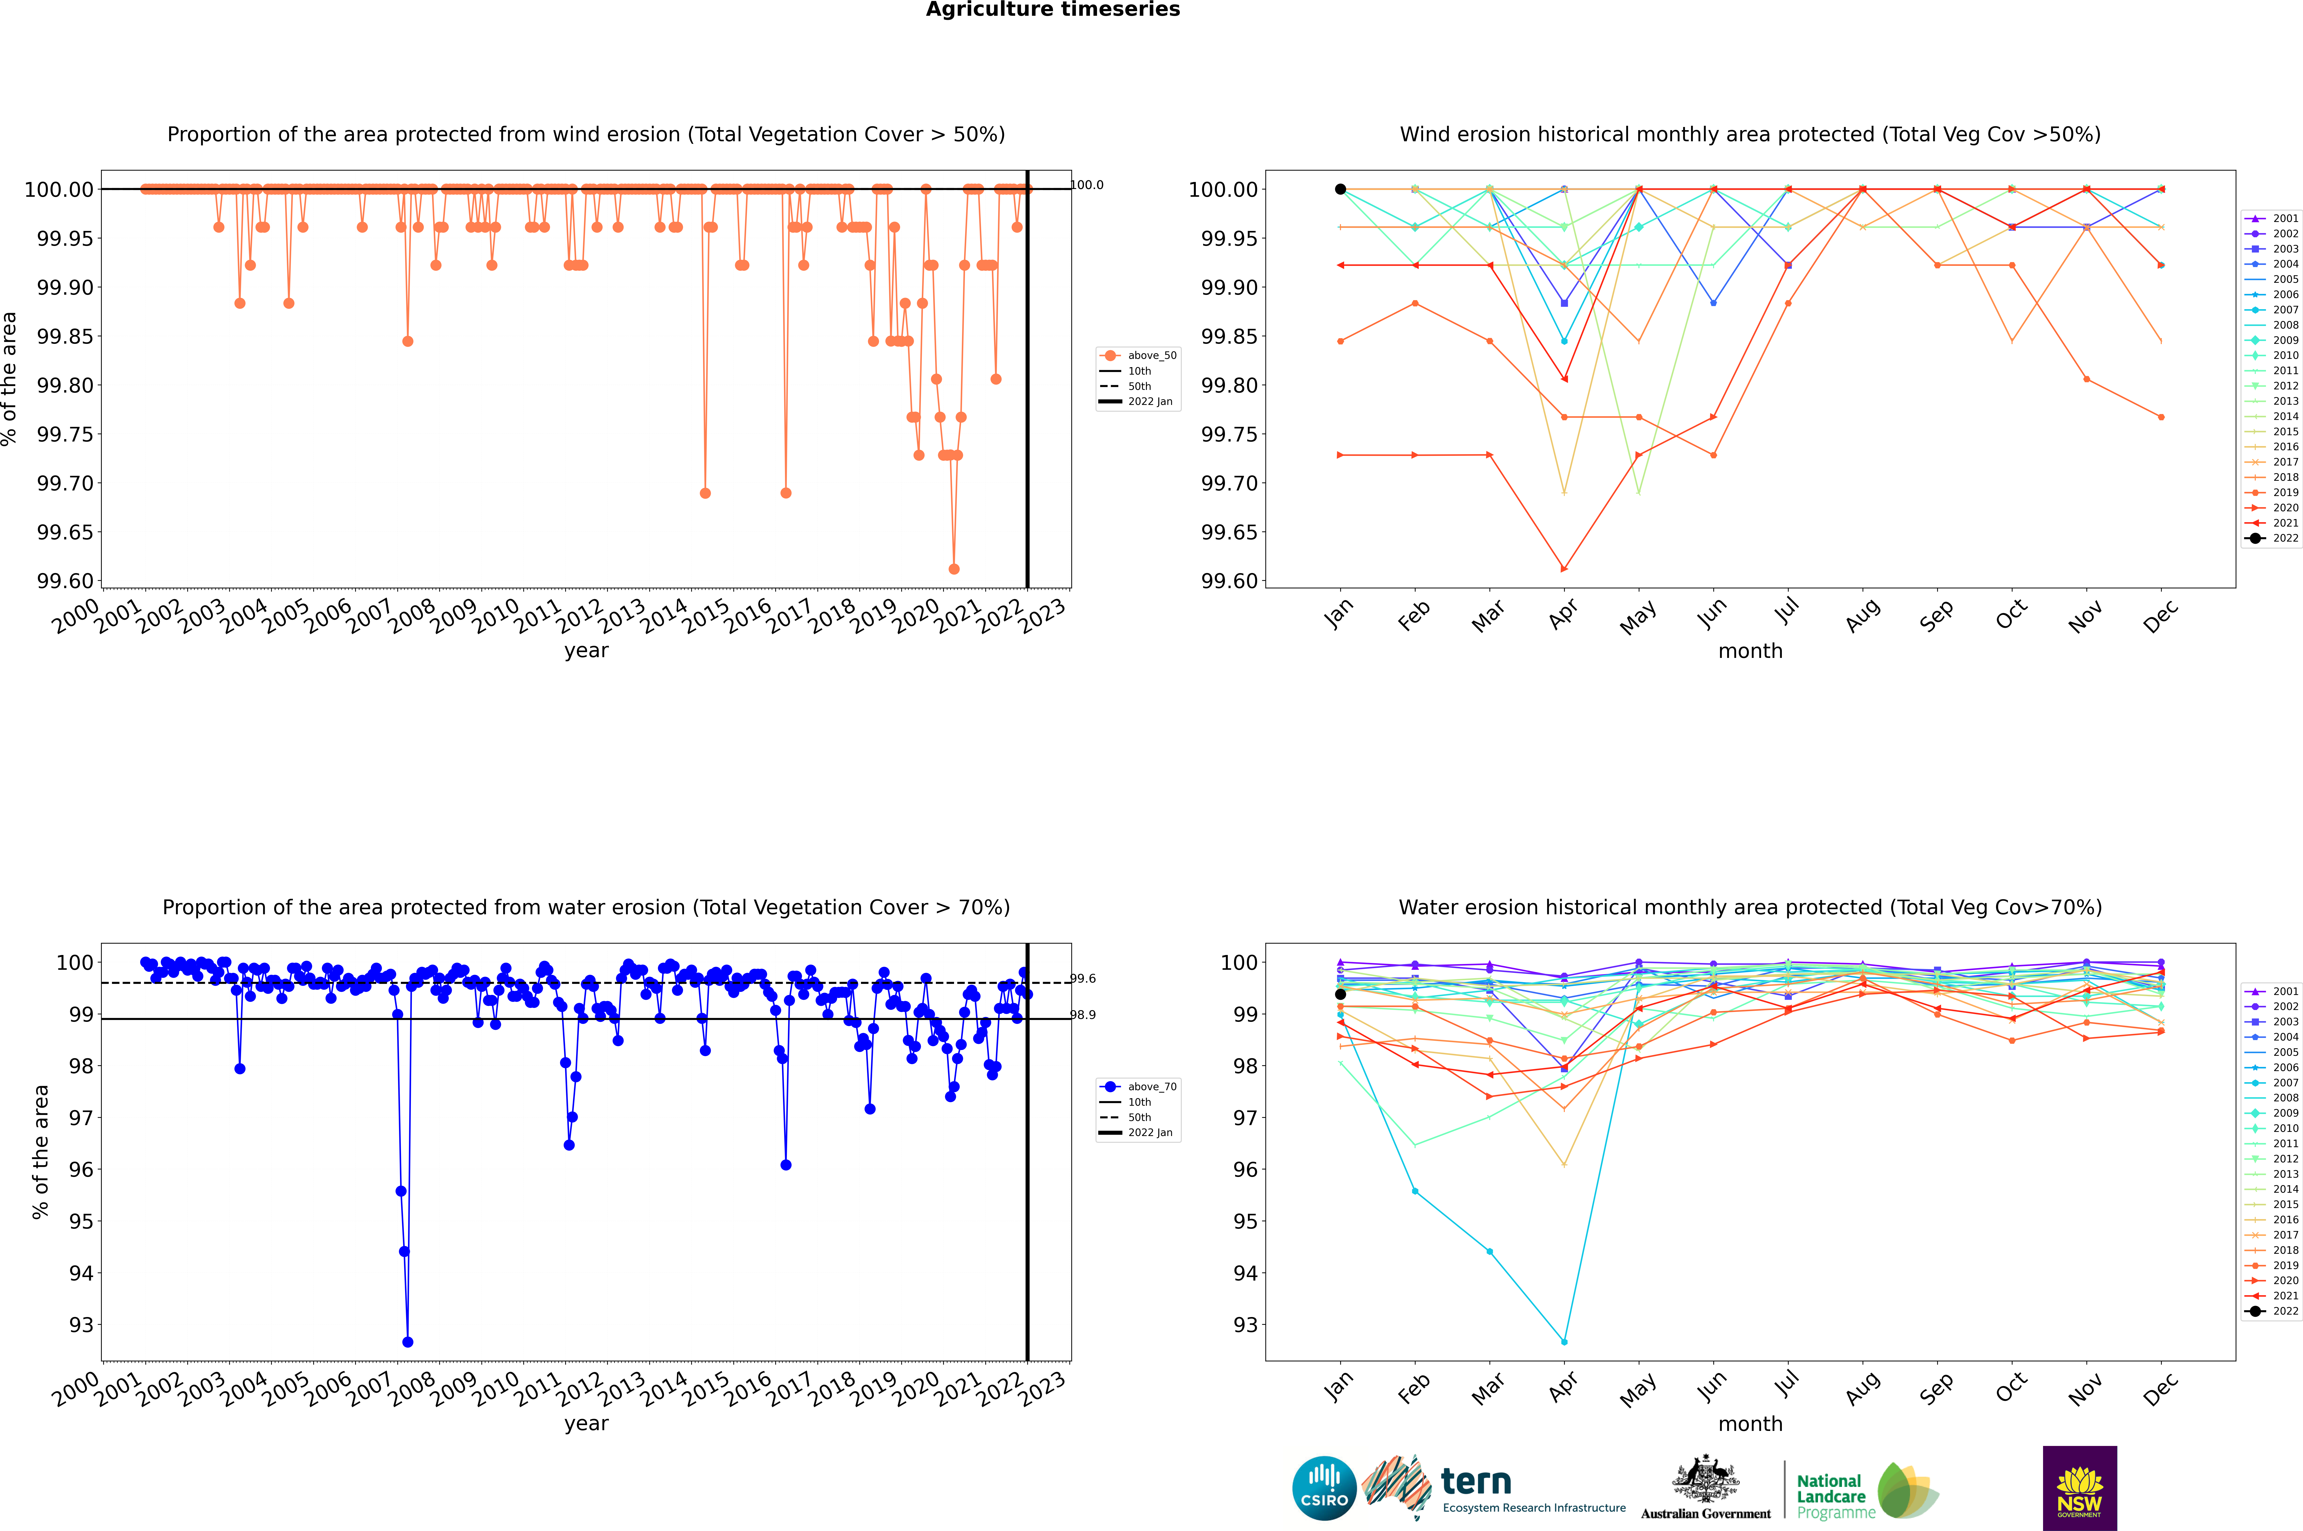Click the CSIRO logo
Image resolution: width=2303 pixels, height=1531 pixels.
tap(1324, 1488)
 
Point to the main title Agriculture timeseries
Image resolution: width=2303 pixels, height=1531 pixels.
tap(1052, 10)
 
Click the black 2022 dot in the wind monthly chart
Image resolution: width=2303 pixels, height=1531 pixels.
tap(1340, 189)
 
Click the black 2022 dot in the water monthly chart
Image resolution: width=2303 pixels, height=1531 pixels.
tap(1340, 994)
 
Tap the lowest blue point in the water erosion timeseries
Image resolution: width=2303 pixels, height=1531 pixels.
tap(407, 1342)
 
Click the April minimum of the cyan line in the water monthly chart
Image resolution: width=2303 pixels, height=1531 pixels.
tap(1564, 1342)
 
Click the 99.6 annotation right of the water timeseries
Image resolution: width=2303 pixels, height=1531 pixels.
tap(1083, 978)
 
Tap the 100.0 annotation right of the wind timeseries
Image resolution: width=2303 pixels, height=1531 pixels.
tap(1087, 185)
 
